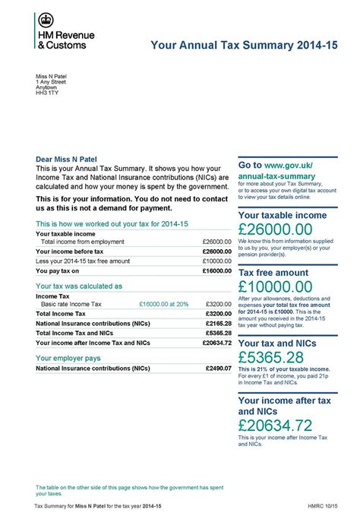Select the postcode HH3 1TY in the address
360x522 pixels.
[x=46, y=93]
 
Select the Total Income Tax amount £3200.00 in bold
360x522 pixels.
[x=218, y=313]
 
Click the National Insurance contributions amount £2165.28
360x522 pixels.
[x=218, y=323]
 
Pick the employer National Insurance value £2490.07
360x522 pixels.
[x=218, y=368]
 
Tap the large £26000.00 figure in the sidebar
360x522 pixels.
[x=274, y=229]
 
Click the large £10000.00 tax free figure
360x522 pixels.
[x=275, y=286]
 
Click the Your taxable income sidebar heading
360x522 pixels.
[x=282, y=215]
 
